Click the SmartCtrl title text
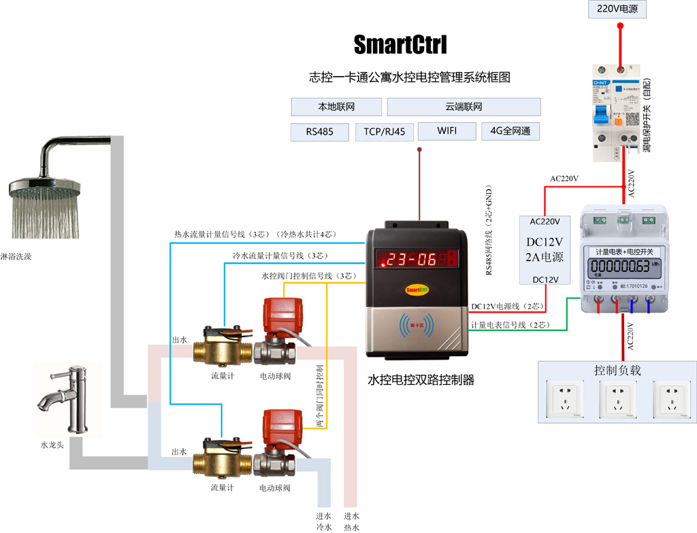click(x=400, y=46)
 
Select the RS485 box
click(x=319, y=132)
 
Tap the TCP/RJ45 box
click(x=385, y=132)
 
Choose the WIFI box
click(x=447, y=131)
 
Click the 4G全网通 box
click(x=510, y=131)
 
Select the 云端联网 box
click(x=464, y=107)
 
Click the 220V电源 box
click(x=617, y=10)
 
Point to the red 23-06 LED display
click(x=417, y=259)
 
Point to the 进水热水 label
click(x=351, y=521)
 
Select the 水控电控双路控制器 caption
click(x=421, y=380)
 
